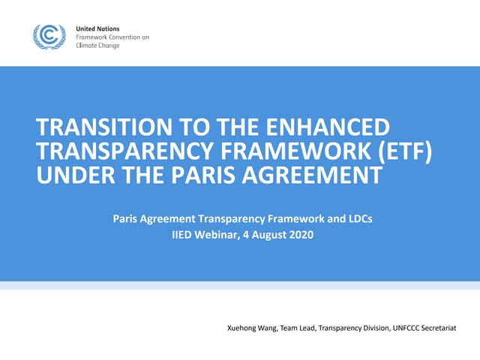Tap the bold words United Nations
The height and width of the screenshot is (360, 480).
(97, 28)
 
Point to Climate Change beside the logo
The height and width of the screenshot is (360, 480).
(97, 45)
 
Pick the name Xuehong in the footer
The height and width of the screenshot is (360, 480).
(242, 328)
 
